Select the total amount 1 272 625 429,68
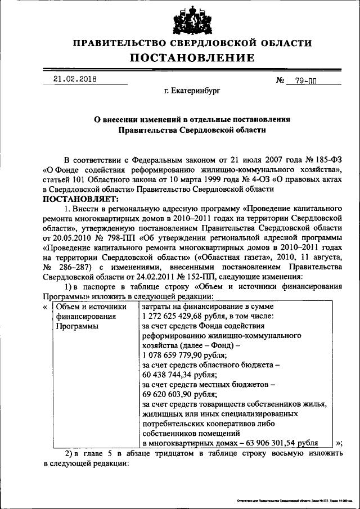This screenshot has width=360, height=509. [175, 316]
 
